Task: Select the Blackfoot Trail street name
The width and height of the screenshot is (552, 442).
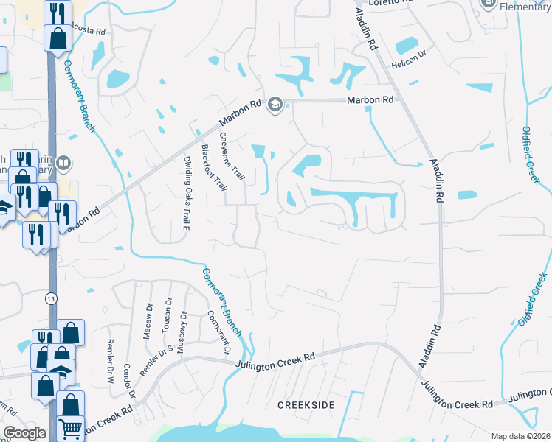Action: coord(213,168)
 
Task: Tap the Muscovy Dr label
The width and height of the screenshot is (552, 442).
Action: coord(182,331)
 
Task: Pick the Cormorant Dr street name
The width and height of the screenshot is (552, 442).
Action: coord(215,329)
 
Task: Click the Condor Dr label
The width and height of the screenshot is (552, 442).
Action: coord(131,383)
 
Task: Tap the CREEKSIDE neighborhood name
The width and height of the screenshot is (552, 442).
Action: coord(306,406)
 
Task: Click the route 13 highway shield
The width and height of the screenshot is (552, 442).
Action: coord(50,298)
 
